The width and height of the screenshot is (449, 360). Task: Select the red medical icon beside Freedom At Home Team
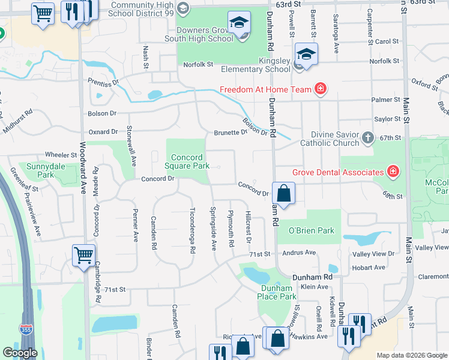[x=321, y=89]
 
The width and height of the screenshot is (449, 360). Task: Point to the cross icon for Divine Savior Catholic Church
[x=368, y=139]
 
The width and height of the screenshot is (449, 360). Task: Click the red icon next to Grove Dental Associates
[x=393, y=172]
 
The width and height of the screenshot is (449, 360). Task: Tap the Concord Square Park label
[x=188, y=161]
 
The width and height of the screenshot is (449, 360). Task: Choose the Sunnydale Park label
[x=40, y=170]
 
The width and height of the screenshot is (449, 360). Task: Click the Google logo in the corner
[x=19, y=353]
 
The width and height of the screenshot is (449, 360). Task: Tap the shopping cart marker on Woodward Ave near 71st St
[x=83, y=254]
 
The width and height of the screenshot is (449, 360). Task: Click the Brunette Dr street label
[x=231, y=133]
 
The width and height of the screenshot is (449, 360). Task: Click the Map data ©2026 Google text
[x=412, y=355]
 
